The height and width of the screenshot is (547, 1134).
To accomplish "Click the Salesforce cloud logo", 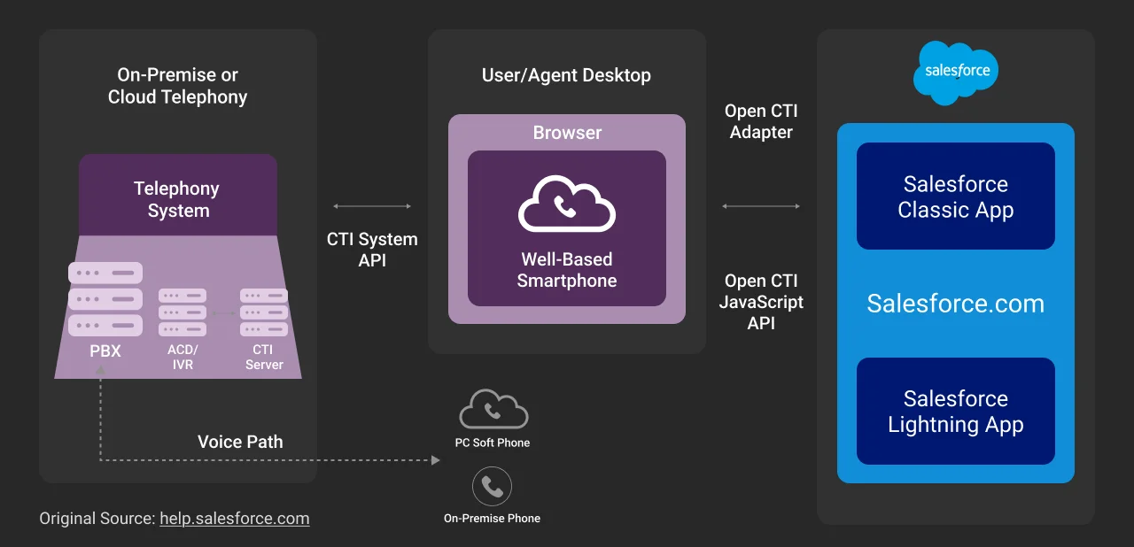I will pyautogui.click(x=956, y=72).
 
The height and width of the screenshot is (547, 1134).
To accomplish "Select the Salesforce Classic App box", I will pyautogui.click(x=955, y=196).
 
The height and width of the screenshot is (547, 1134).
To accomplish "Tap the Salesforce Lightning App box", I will pyautogui.click(x=955, y=412).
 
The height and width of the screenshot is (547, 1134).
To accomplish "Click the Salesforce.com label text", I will pyautogui.click(x=955, y=304).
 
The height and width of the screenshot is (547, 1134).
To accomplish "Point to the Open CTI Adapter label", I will pyautogui.click(x=760, y=122).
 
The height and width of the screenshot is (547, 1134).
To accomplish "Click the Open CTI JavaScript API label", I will pyautogui.click(x=760, y=302).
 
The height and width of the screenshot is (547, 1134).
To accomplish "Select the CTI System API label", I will pyautogui.click(x=372, y=250).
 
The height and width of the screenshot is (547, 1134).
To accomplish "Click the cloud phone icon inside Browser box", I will pyautogui.click(x=566, y=205).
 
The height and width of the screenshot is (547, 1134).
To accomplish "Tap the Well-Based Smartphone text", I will pyautogui.click(x=566, y=270).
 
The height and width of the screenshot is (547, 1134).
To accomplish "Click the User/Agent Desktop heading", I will pyautogui.click(x=566, y=75).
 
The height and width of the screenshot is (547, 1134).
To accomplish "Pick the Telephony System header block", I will pyautogui.click(x=178, y=199).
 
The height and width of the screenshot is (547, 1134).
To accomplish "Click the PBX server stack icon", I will pyautogui.click(x=105, y=299).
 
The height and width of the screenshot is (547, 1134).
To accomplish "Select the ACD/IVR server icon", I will pyautogui.click(x=183, y=312).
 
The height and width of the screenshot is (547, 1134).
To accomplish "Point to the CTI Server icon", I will pyautogui.click(x=263, y=312).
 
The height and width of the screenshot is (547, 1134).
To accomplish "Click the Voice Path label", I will pyautogui.click(x=240, y=442).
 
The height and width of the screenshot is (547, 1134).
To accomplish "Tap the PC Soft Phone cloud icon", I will pyautogui.click(x=493, y=410).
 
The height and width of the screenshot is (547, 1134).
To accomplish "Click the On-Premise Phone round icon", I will pyautogui.click(x=492, y=486).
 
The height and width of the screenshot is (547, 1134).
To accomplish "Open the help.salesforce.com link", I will pyautogui.click(x=234, y=519).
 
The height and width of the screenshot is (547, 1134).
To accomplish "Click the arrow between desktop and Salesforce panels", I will pyautogui.click(x=760, y=206).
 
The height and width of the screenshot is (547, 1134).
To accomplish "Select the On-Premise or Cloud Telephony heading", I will pyautogui.click(x=177, y=86).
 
